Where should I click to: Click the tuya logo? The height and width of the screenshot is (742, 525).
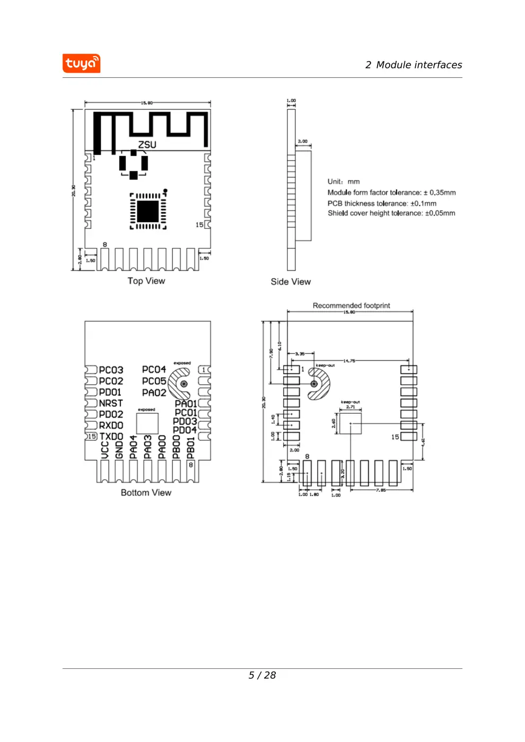81,64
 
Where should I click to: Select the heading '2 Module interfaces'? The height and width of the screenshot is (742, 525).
413,65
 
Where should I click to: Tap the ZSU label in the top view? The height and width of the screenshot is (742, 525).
147,145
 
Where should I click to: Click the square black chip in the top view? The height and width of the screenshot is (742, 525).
148,211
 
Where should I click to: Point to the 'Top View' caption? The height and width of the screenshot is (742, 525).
146,281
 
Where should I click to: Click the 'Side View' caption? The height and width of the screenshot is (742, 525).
291,281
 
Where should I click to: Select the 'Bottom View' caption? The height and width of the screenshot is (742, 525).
146,492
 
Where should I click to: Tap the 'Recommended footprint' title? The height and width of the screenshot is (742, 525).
351,305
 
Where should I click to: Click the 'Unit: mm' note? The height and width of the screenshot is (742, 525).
344,181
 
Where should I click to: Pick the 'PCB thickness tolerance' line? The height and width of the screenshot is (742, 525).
382,204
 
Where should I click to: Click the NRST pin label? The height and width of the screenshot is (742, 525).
111,403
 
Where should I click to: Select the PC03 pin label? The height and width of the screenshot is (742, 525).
111,370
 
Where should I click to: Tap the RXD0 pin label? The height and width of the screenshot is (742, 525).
111,426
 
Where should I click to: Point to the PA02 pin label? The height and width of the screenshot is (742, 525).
154,393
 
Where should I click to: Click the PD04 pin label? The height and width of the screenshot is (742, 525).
185,430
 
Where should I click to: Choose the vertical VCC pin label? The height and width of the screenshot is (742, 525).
105,449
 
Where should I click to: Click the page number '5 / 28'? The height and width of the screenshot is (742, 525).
262,675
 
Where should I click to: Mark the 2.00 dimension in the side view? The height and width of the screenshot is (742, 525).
302,142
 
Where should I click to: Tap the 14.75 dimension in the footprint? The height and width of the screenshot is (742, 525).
349,361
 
